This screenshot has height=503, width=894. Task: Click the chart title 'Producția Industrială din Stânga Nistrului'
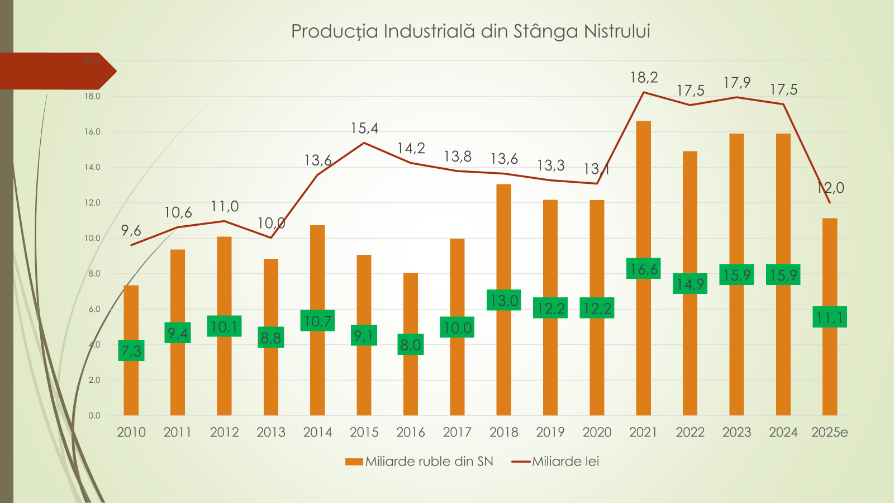click(x=470, y=31)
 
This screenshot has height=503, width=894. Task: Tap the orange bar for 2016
click(x=411, y=386)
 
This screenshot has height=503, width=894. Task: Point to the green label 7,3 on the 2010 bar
click(x=131, y=350)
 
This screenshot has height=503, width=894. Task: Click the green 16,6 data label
click(x=643, y=269)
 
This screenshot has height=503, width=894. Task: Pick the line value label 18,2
click(x=644, y=78)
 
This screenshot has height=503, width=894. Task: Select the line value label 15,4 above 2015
click(x=364, y=129)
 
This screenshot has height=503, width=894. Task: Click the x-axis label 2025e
click(x=829, y=432)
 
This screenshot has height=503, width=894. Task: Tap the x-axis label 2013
click(x=271, y=432)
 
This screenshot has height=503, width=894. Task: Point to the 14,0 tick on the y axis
click(x=92, y=167)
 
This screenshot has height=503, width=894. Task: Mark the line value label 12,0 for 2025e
click(x=830, y=188)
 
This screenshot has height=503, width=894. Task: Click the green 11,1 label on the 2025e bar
click(x=830, y=317)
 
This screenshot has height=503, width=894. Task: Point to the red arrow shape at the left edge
click(x=56, y=71)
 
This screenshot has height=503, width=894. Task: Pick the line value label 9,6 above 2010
click(x=131, y=231)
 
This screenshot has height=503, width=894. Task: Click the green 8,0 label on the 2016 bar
click(x=411, y=345)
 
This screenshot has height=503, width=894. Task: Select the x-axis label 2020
click(x=597, y=432)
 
